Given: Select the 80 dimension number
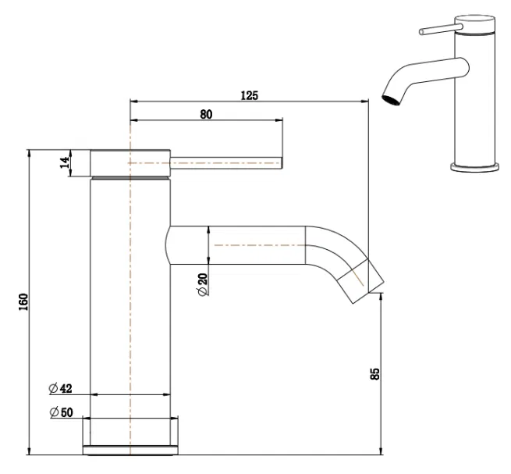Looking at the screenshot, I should [x=206, y=114].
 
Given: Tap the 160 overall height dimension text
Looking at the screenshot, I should [x=23, y=301].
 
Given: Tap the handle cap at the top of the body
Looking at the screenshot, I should [x=130, y=162].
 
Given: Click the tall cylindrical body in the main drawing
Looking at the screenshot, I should [x=130, y=312].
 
